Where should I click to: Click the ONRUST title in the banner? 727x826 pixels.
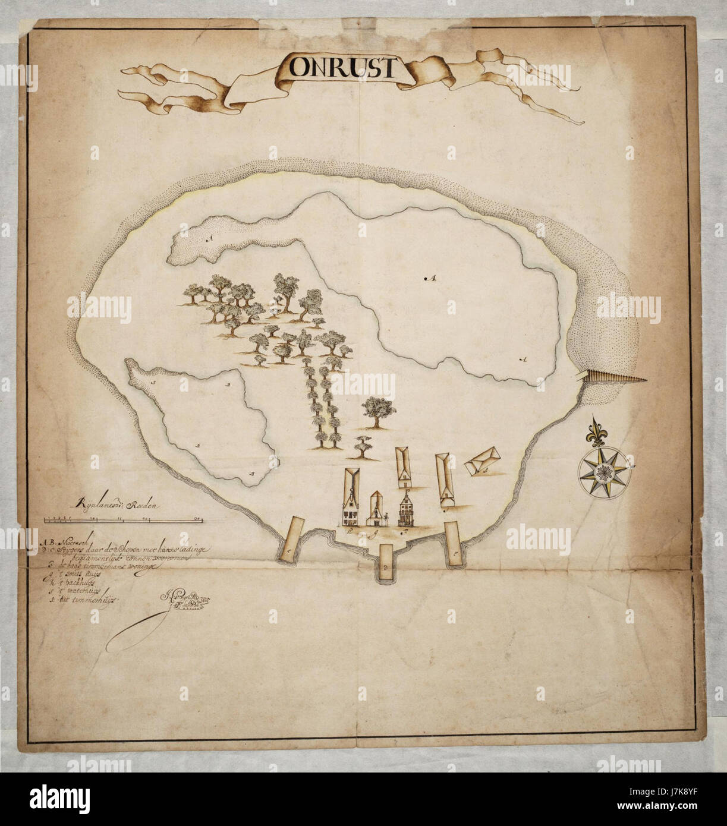pos(342,68)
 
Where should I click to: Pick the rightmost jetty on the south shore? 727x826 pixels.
pos(454,541)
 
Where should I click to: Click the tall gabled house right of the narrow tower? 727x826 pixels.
pos(406,510)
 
